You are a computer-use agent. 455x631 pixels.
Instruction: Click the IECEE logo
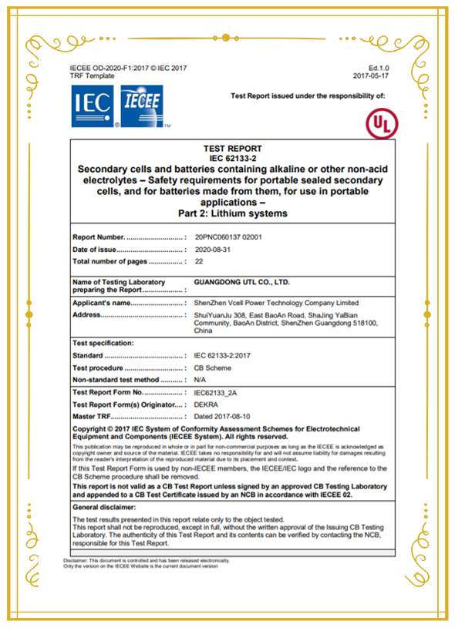pyautogui.click(x=143, y=106)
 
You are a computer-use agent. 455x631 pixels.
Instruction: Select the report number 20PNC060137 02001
pyautogui.click(x=228, y=237)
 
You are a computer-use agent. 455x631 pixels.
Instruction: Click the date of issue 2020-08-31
pyautogui.click(x=213, y=250)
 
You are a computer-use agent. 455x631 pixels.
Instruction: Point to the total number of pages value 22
pyautogui.click(x=199, y=262)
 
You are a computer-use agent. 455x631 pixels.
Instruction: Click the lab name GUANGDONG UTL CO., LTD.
pyautogui.click(x=242, y=283)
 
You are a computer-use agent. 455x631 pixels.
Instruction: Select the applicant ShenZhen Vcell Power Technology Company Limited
pyautogui.click(x=277, y=303)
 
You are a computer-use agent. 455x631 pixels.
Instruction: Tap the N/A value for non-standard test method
pyautogui.click(x=201, y=380)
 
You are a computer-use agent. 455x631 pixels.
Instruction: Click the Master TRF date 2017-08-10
pyautogui.click(x=221, y=417)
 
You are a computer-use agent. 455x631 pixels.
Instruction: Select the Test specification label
pyautogui.click(x=103, y=342)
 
